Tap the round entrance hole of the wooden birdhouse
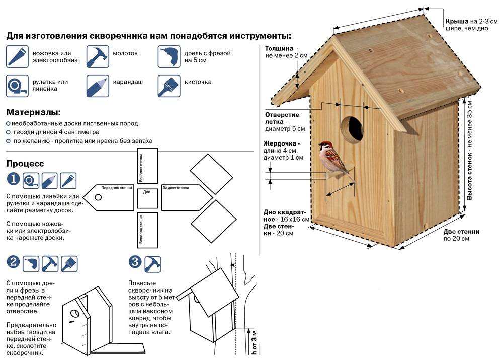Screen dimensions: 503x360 click(352, 129)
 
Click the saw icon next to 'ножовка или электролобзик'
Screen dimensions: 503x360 click(17, 56)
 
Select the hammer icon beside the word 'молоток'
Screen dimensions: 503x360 click(98, 56)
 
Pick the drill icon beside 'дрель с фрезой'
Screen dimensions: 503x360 click(169, 56)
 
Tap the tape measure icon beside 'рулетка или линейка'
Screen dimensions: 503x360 click(17, 86)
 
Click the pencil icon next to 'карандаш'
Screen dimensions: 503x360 click(98, 86)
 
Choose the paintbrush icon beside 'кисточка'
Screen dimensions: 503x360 click(169, 86)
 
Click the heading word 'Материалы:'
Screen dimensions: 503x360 click(33, 112)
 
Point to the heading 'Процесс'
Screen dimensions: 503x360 click(25, 164)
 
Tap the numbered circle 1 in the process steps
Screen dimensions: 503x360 click(13, 179)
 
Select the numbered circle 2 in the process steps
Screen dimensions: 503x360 click(13, 262)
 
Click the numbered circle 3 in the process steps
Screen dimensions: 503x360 click(135, 262)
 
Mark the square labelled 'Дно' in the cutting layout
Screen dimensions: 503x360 click(147, 198)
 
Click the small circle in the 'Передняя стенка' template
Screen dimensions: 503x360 click(98, 197)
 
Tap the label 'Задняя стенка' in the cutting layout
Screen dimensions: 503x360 click(176, 187)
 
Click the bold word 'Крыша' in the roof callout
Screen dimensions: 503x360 click(457, 22)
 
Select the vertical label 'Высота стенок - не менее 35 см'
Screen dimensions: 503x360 click(469, 151)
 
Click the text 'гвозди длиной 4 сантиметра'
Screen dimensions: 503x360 click(56, 132)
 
